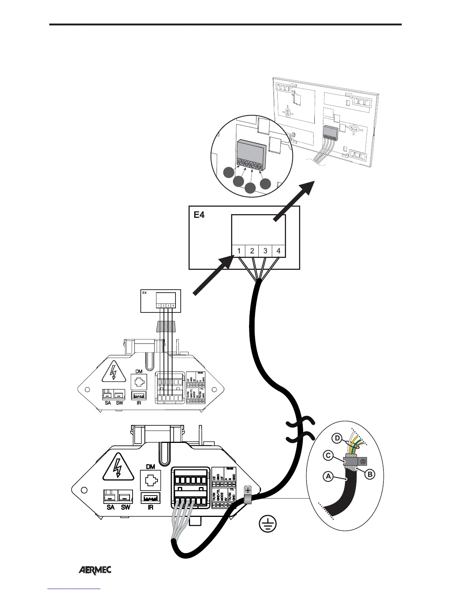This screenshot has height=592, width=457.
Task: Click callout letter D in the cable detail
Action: click(337, 438)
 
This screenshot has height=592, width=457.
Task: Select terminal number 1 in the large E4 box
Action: click(239, 251)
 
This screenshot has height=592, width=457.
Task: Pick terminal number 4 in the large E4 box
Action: click(279, 251)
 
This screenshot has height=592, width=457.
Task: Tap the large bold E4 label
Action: click(199, 215)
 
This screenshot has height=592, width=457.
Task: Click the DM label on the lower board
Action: click(150, 466)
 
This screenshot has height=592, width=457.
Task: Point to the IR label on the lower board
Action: click(150, 508)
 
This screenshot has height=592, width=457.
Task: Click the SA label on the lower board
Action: click(111, 508)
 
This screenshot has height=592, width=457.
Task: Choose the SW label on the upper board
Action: click(119, 403)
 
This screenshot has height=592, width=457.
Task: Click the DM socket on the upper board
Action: click(139, 382)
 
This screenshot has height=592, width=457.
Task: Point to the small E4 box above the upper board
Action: click(161, 301)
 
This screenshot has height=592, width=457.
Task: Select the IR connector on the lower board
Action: click(150, 498)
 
